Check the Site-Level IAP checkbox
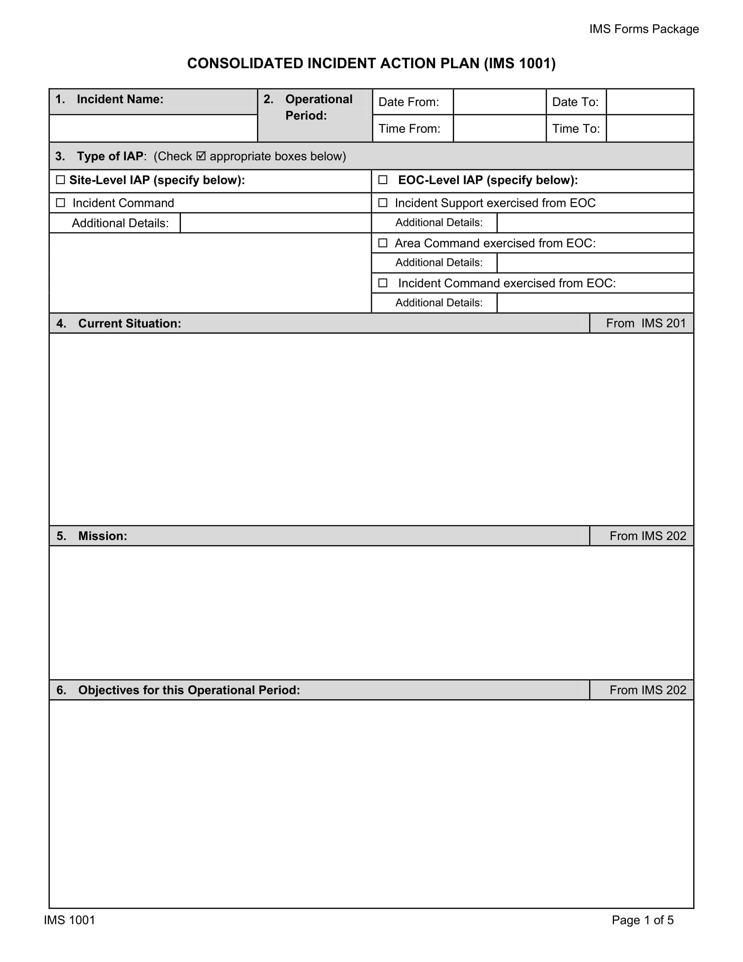tap(61, 180)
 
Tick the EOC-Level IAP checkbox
tap(383, 180)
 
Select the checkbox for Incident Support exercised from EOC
tap(383, 202)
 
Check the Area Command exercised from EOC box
tap(383, 243)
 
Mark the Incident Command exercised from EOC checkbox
tap(383, 283)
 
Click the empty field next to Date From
tap(499, 102)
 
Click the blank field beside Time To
tap(649, 129)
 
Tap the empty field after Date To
tap(649, 102)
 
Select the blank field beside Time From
tap(499, 129)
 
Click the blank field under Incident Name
tap(153, 128)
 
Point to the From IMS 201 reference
tap(646, 323)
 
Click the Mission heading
tap(103, 536)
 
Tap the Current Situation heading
tap(129, 323)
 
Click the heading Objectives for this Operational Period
tap(189, 690)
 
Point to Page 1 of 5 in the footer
tap(642, 920)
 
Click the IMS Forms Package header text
tap(643, 29)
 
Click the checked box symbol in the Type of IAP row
tap(201, 156)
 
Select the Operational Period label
tap(318, 107)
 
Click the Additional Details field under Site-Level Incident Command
tap(275, 223)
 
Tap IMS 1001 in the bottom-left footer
tap(69, 920)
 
